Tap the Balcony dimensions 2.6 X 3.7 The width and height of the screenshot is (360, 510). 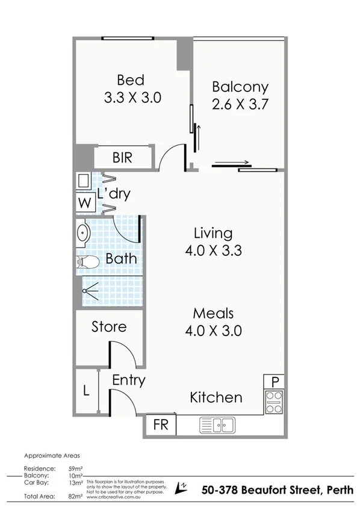(240, 104)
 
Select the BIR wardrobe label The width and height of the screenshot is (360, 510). (122, 158)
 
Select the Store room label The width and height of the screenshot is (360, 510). (109, 327)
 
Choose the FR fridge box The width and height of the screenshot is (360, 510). (160, 424)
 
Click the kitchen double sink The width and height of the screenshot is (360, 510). (217, 426)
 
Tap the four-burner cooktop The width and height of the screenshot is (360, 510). (274, 402)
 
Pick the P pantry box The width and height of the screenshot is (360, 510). (275, 382)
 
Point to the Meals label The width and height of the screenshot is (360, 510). (213, 314)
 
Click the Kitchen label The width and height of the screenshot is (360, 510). (216, 397)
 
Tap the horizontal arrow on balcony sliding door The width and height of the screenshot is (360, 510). (231, 162)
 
